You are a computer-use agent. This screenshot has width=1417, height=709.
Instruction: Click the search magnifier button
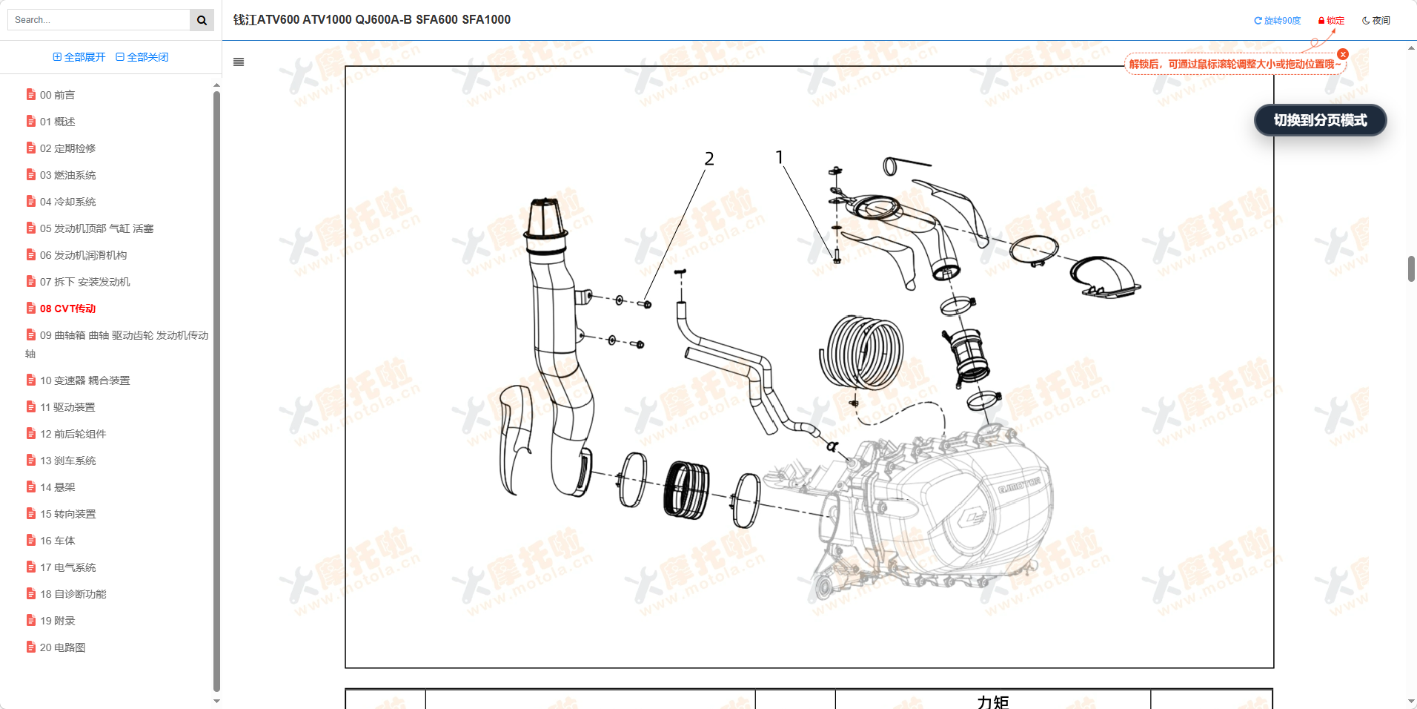[202, 20]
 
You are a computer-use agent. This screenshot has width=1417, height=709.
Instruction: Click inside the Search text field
[98, 20]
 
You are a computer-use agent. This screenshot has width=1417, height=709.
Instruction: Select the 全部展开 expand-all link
[79, 57]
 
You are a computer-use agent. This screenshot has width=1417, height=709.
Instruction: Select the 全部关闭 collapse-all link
[142, 57]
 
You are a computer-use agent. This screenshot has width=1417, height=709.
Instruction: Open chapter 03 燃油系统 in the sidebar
[67, 175]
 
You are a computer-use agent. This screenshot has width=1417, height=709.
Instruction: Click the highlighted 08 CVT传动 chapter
[67, 309]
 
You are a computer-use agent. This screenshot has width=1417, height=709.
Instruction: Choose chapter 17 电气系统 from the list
[67, 567]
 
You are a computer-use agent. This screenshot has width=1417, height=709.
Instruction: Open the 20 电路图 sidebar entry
[62, 647]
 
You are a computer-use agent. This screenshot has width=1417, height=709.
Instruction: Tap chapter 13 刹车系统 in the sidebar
[67, 461]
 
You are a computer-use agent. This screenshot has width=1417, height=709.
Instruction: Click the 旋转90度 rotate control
[1277, 21]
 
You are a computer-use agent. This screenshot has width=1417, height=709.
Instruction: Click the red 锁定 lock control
[1331, 21]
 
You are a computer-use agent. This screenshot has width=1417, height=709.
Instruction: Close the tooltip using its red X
[1343, 54]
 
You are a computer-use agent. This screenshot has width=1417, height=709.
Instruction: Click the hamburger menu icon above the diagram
[239, 62]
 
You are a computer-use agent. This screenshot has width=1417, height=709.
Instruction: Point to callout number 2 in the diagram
[709, 159]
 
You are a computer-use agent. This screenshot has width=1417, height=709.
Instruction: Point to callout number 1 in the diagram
[779, 157]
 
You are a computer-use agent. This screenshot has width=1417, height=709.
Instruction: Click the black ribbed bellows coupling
[686, 489]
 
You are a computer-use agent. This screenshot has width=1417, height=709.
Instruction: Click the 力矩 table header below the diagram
[992, 702]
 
